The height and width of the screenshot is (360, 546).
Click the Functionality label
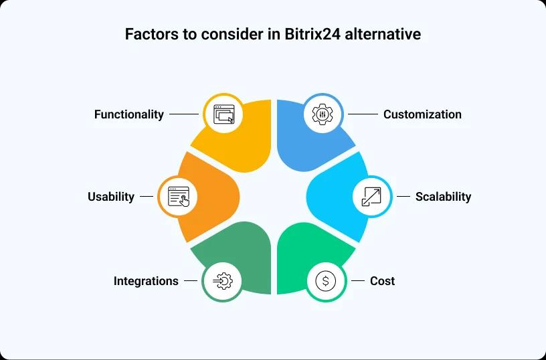(x=129, y=114)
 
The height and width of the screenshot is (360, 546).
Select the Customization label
(x=422, y=114)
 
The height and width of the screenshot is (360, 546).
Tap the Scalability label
(x=443, y=197)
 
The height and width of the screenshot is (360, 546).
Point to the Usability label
(x=110, y=197)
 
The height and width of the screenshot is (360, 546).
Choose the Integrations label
(x=146, y=281)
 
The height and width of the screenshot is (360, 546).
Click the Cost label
(x=382, y=280)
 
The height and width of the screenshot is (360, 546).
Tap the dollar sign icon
(x=326, y=280)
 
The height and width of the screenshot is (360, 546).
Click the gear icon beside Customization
(x=323, y=114)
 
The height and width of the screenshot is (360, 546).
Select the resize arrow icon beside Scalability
(x=371, y=197)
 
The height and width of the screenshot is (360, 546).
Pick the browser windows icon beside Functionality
(x=223, y=114)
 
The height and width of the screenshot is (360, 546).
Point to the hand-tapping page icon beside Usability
(x=179, y=197)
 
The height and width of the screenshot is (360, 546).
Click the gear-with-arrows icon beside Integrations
(x=223, y=281)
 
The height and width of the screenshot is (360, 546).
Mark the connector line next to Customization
(x=363, y=114)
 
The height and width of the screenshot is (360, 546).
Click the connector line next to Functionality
(x=184, y=114)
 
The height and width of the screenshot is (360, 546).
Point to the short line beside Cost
(x=358, y=280)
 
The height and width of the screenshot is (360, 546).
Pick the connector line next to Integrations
(x=191, y=280)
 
